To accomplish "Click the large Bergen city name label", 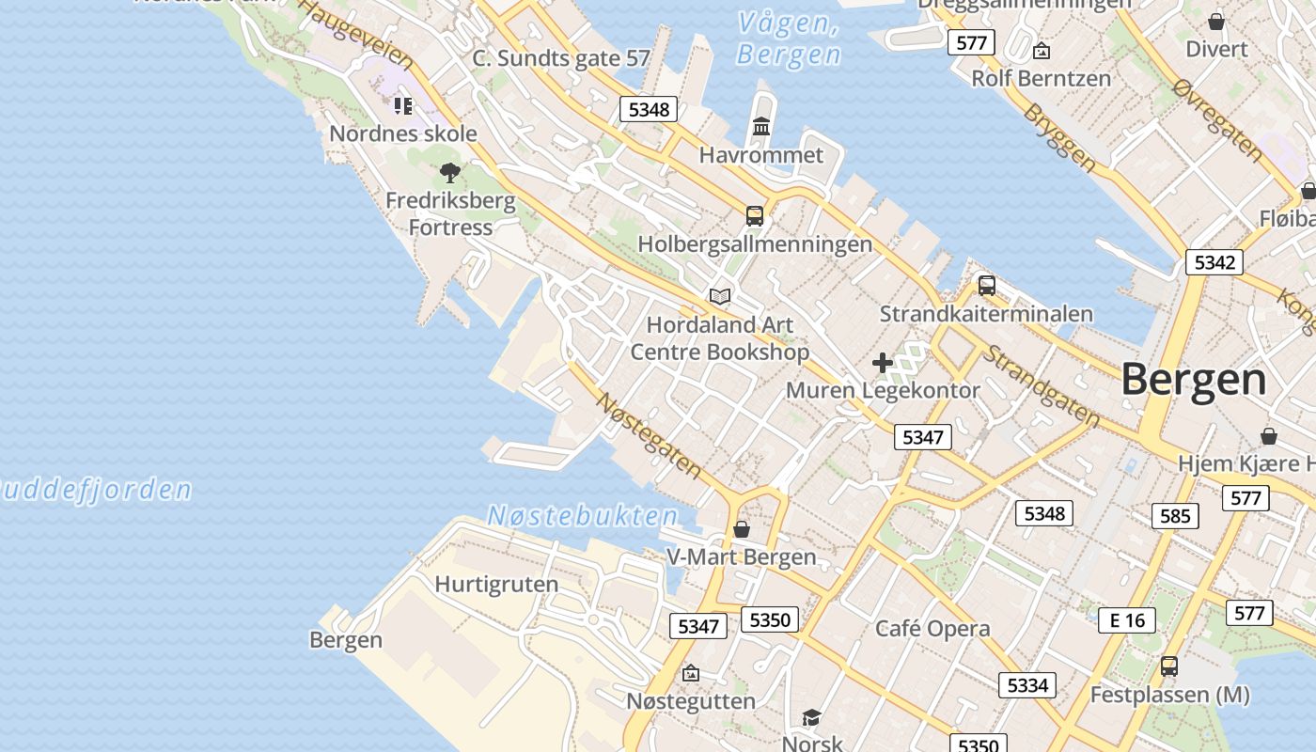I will pos(1194,380).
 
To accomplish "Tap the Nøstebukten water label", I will pos(582,516).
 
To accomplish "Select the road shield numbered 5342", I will pos(1214,262).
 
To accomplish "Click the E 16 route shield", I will pos(1127,619).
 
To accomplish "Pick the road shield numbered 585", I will pos(1175,515).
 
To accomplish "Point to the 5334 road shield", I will pos(1026,685).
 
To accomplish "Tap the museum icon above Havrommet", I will pos(761,127).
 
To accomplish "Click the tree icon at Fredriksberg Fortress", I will pos(450,173).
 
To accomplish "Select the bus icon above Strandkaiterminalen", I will pos(986,286).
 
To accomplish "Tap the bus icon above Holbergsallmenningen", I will pos(754,216).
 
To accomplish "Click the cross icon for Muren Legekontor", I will pos(882,363).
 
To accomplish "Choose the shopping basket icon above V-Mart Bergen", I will pos(742,529).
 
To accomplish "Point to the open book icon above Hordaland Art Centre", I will pos(720,297).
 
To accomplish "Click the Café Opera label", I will pos(932,629).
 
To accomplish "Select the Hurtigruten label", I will pos(496,584).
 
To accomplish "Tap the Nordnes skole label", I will pos(403,133).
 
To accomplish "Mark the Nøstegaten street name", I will pos(649,433).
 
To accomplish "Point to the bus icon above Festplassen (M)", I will pos(1168,666).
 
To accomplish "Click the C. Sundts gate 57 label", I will pos(560,58).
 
